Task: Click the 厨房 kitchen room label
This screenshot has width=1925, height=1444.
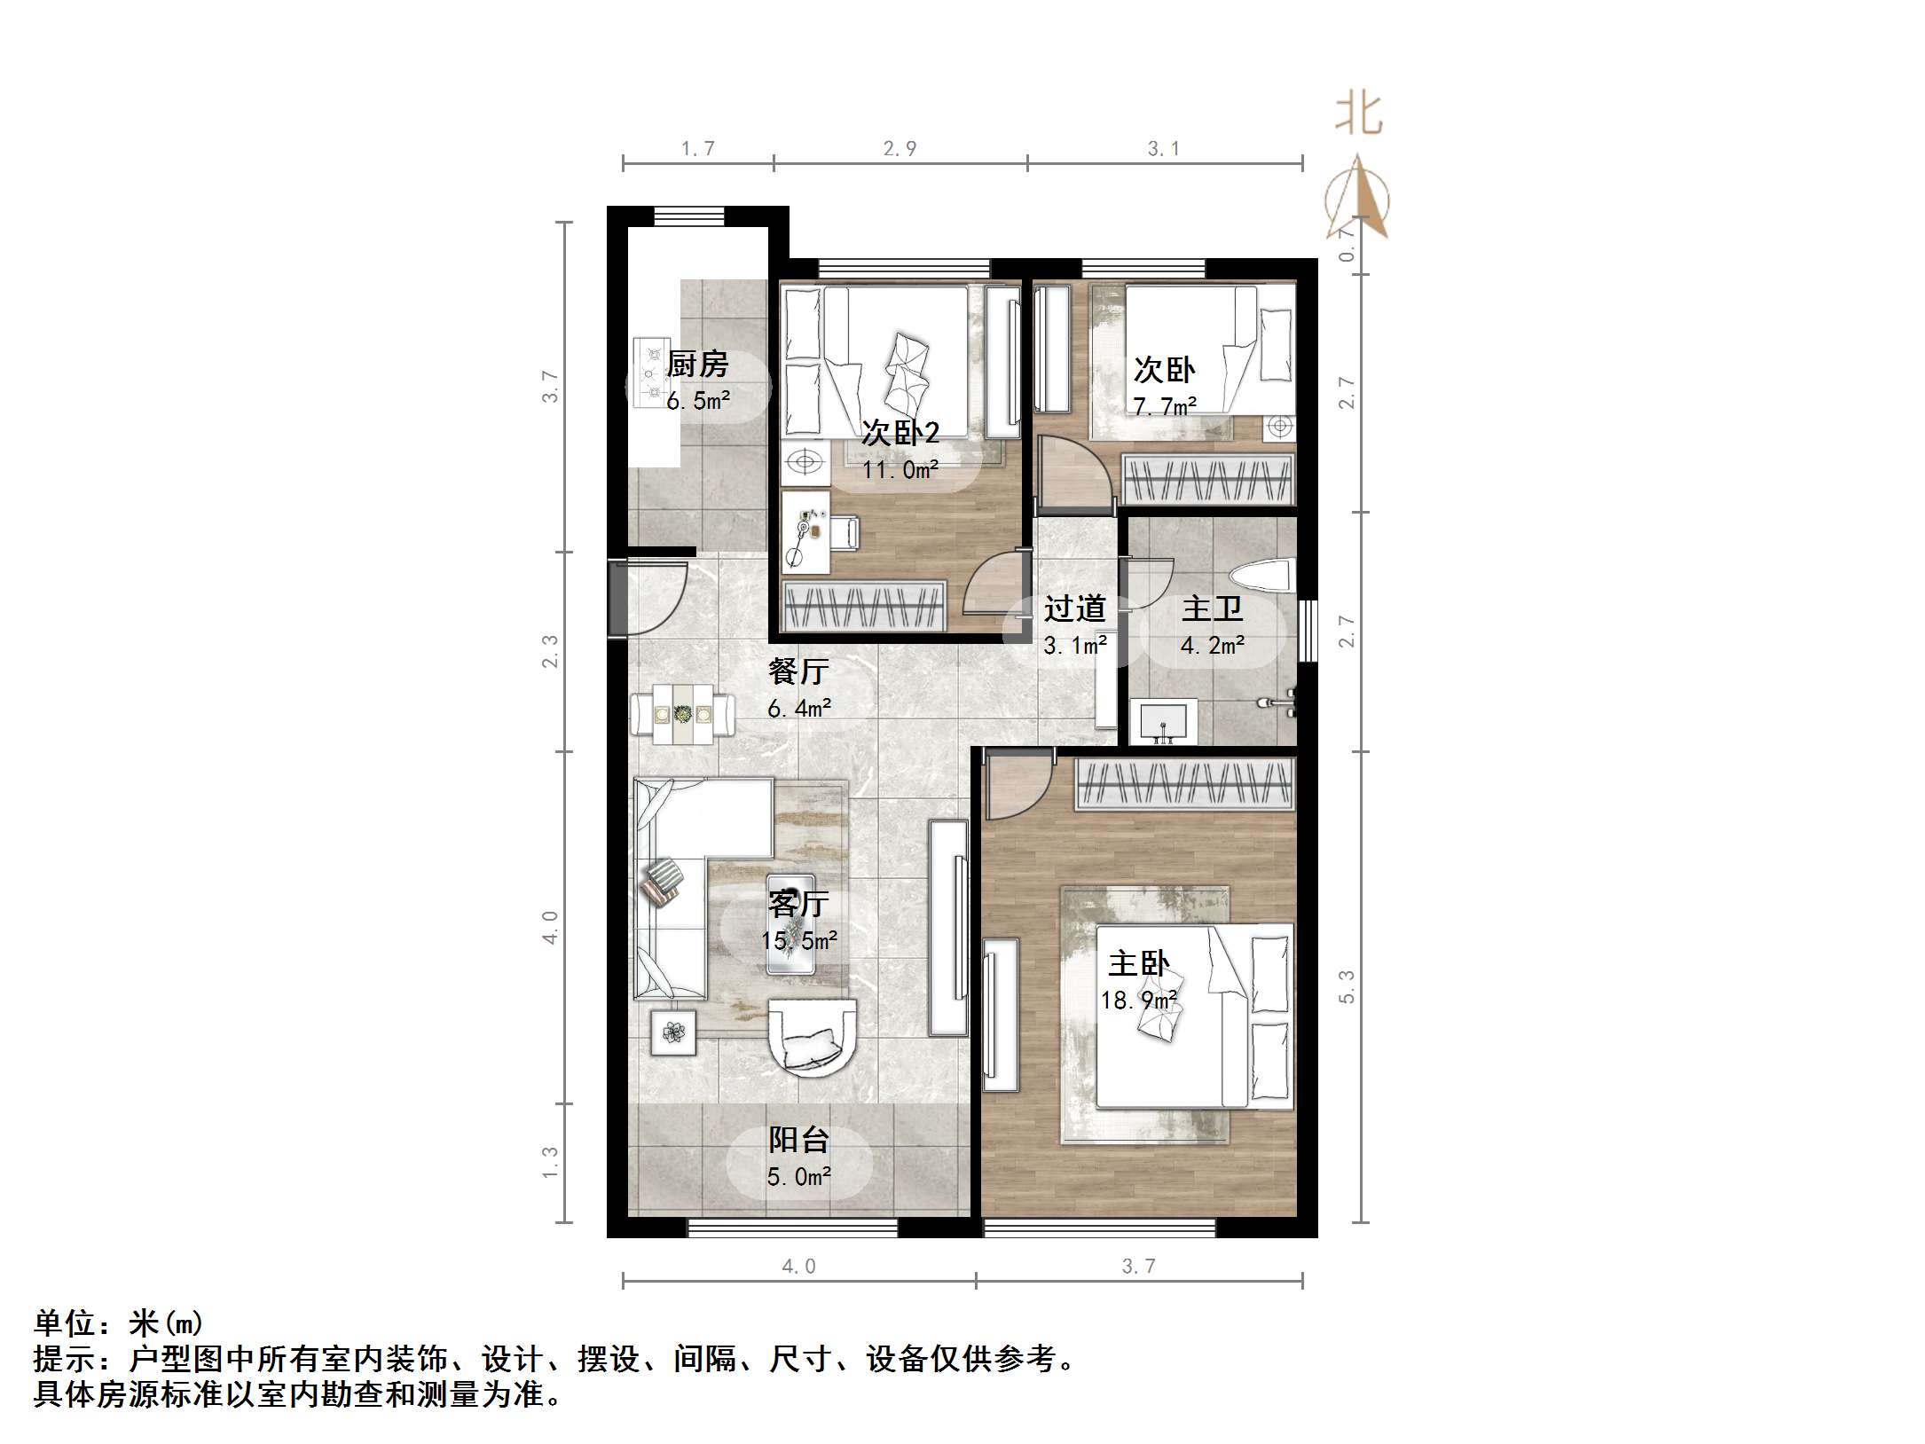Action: pos(697,364)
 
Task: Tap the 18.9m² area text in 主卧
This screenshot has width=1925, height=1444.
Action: pos(1140,1001)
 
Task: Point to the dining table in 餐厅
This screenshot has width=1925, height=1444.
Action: pos(682,713)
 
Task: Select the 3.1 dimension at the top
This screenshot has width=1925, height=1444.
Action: pos(1164,148)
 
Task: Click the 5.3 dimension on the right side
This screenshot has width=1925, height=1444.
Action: pos(1347,986)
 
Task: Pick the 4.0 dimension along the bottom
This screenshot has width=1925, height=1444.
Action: pos(798,1266)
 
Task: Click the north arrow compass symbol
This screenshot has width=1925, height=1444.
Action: pos(1357,200)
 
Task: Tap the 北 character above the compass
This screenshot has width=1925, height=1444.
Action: pos(1358,115)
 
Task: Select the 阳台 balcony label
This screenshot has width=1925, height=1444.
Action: pos(798,1140)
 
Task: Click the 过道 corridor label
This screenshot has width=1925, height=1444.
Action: pos(1074,608)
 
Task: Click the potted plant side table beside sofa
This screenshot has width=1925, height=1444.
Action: pos(674,1032)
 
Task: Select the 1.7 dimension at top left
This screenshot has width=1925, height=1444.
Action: pos(697,148)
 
